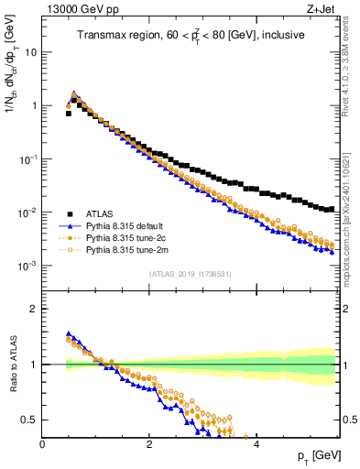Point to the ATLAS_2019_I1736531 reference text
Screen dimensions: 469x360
pyautogui.click(x=191, y=274)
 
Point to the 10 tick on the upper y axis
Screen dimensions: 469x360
pyautogui.click(x=30, y=52)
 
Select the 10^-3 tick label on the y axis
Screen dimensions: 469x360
pyautogui.click(x=28, y=267)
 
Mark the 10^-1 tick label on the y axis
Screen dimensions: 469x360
pyautogui.click(x=28, y=159)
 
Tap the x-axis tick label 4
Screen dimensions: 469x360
pyautogui.click(x=256, y=444)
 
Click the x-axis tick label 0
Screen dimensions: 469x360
pyautogui.click(x=43, y=444)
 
